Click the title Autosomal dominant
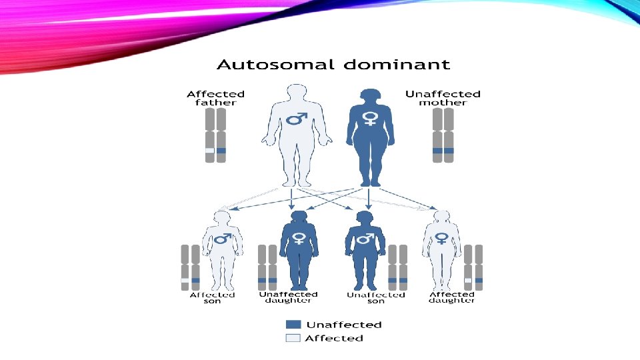333,65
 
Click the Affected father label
215,98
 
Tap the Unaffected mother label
443,98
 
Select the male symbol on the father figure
297,119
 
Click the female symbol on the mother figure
369,119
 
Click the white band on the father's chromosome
210,151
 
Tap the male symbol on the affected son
222,238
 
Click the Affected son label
213,297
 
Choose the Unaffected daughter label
288,297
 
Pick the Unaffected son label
376,297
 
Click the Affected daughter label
452,297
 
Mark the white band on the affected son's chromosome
185,281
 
